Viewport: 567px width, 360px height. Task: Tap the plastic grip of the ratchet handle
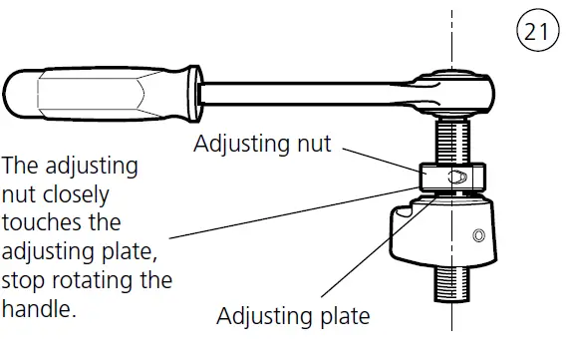96,93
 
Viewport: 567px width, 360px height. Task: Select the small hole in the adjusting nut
458,177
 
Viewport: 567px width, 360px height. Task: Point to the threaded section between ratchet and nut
453,138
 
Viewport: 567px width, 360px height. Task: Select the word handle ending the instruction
39,310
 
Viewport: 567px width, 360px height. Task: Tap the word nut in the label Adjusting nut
313,145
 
